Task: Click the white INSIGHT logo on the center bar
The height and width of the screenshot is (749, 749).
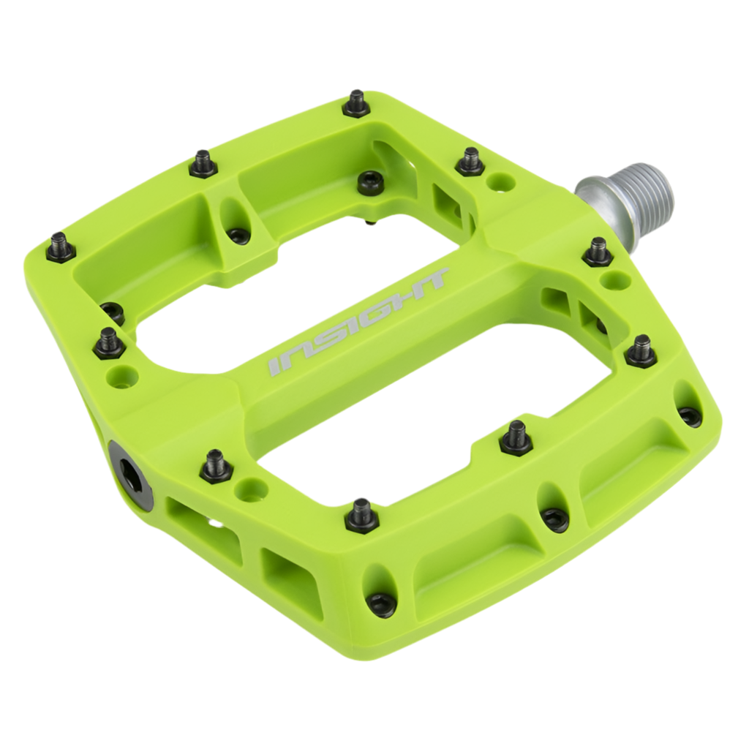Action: coord(357,324)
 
